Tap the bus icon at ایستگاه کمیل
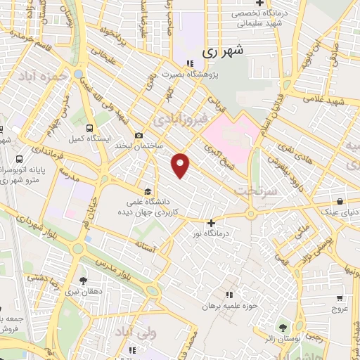click(x=89, y=128)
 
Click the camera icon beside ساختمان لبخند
click(x=139, y=136)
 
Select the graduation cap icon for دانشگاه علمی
click(x=148, y=191)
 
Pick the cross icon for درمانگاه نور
click(x=211, y=223)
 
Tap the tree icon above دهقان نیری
click(x=83, y=280)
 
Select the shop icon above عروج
click(x=340, y=297)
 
